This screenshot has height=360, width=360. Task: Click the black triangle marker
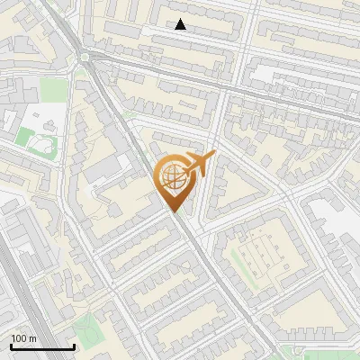[x=181, y=25]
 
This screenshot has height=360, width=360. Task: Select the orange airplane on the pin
[x=200, y=164]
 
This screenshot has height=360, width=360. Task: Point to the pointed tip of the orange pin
[x=175, y=211]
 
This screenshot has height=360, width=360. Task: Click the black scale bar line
[x=42, y=346]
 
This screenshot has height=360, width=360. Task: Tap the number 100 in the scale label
[x=20, y=338]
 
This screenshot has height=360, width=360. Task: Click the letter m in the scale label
[x=33, y=338]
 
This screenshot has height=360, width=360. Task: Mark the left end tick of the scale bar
[x=11, y=346]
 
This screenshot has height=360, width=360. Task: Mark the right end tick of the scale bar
[x=74, y=346]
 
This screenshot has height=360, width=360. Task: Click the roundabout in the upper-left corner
[x=86, y=58]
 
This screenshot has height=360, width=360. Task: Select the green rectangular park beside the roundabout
[x=54, y=90]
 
